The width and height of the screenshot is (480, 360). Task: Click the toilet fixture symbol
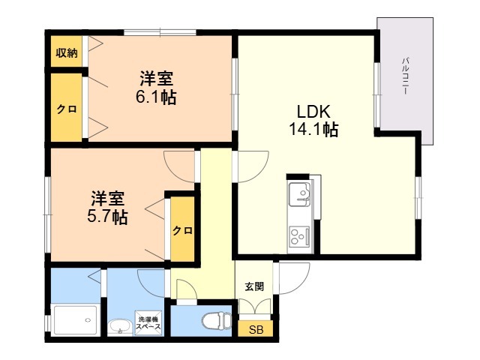click(217, 321)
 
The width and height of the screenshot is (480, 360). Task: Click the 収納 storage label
click(67, 53)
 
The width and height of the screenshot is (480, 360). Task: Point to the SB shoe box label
click(256, 330)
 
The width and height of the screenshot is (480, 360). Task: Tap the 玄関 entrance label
click(254, 286)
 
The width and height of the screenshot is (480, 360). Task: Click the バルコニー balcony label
click(406, 75)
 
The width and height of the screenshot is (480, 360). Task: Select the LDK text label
click(313, 112)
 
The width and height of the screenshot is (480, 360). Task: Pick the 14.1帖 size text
click(313, 129)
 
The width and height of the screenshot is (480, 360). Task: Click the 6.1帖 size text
click(156, 97)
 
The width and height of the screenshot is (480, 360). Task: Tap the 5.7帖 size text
click(107, 217)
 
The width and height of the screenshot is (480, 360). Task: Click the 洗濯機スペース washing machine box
click(148, 323)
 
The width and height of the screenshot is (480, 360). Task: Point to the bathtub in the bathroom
click(75, 320)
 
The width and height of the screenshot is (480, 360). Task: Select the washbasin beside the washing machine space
click(120, 327)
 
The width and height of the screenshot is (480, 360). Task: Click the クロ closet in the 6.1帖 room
click(67, 108)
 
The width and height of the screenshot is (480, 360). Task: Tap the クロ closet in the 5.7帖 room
click(182, 229)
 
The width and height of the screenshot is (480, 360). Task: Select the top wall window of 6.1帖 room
click(160, 32)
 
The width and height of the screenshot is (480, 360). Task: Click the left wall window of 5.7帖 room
click(48, 215)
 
